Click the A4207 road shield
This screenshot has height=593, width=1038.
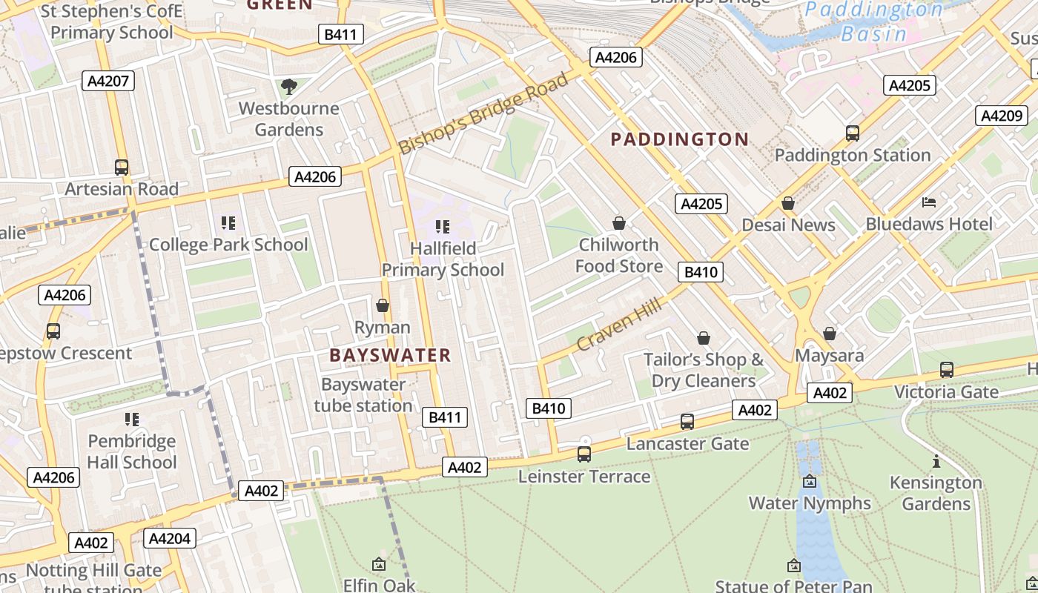pyautogui.click(x=108, y=81)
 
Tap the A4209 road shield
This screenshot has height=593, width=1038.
pyautogui.click(x=1002, y=116)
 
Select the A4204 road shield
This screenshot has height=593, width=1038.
pyautogui.click(x=170, y=538)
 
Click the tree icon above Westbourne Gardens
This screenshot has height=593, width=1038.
pyautogui.click(x=289, y=87)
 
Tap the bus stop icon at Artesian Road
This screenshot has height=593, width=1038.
pyautogui.click(x=122, y=168)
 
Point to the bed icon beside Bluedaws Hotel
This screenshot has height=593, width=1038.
pyautogui.click(x=929, y=202)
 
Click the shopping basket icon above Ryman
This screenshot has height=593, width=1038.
pyautogui.click(x=383, y=305)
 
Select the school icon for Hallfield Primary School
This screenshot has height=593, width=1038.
pyautogui.click(x=443, y=227)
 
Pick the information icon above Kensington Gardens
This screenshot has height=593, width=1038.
pyautogui.click(x=936, y=462)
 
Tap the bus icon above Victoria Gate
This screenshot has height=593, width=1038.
pyautogui.click(x=946, y=370)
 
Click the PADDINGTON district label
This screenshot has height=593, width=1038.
pyautogui.click(x=679, y=139)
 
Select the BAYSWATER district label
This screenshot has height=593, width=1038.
pyautogui.click(x=390, y=355)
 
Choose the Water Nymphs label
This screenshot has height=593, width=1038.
pyautogui.click(x=810, y=503)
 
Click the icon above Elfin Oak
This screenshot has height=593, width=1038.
pyautogui.click(x=379, y=564)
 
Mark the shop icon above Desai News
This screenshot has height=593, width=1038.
pyautogui.click(x=788, y=203)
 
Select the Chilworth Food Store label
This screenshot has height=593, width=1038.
pyautogui.click(x=619, y=255)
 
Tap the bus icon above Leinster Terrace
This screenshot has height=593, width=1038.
pyautogui.click(x=584, y=454)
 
